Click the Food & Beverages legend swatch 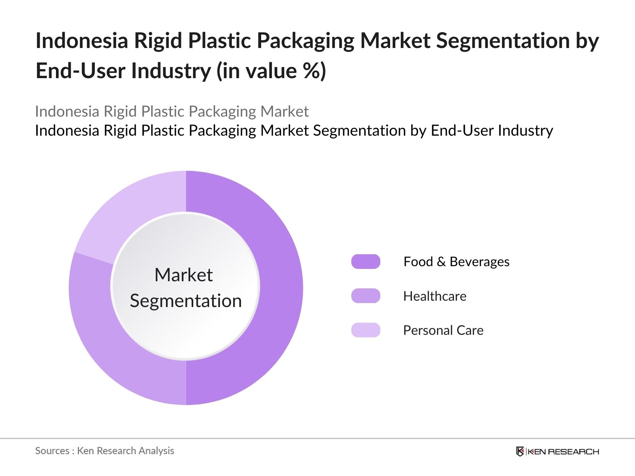coord(366,262)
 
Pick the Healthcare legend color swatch coord(366,296)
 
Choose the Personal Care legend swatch coord(366,330)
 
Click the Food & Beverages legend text coord(456,262)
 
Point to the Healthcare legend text coord(435,296)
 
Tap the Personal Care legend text coord(443,330)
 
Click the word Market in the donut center coord(183,275)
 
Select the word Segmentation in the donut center coord(186,301)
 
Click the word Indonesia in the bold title coord(82,40)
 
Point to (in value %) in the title coord(271,71)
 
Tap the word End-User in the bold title coord(81,71)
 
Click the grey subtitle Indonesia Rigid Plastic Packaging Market coord(171,111)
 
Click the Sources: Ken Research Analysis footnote coord(104,451)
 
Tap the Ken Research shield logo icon coord(520,451)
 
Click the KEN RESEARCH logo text coord(563,451)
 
